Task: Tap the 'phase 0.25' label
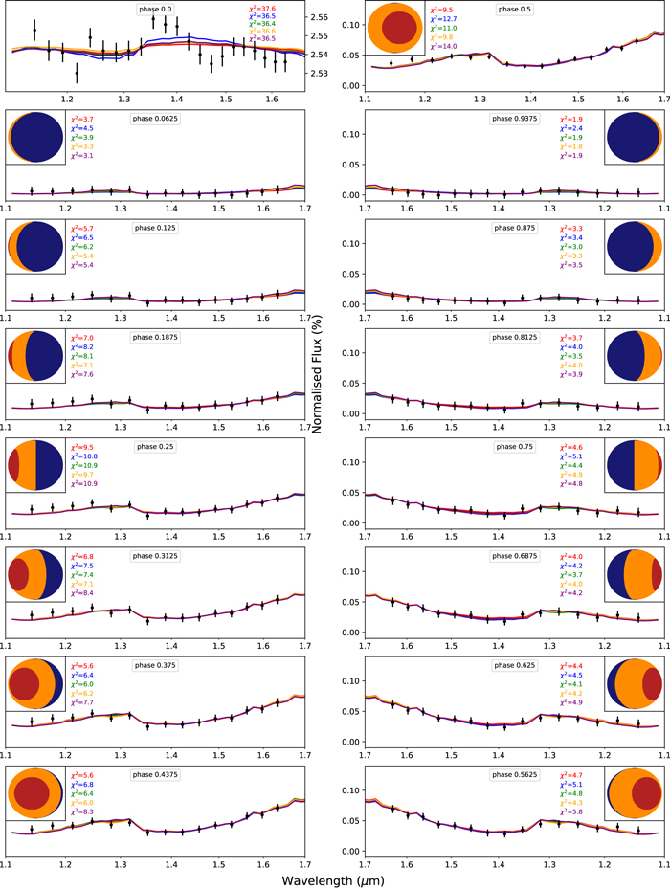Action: point(154,446)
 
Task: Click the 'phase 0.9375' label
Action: point(512,118)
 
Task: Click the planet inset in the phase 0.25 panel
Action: point(34,465)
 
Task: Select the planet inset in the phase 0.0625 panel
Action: point(34,138)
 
